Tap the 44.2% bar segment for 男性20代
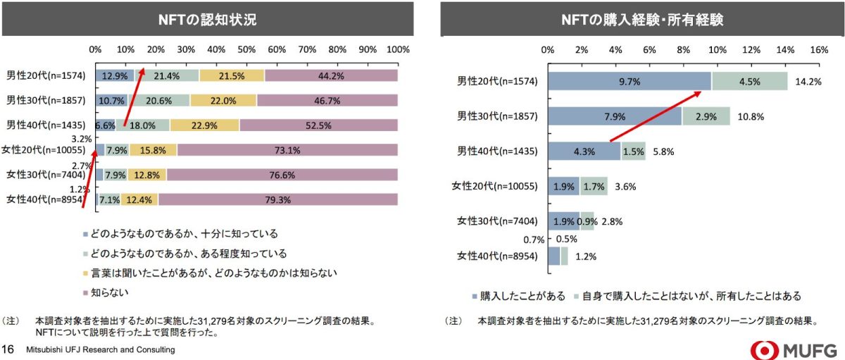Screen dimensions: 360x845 click(x=331, y=75)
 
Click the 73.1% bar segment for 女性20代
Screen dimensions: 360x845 click(x=287, y=150)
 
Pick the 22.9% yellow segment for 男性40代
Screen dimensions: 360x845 click(x=204, y=125)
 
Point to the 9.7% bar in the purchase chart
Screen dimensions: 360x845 click(x=629, y=81)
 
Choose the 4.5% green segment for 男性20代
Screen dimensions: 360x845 click(x=749, y=81)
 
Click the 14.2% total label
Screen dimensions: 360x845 click(x=808, y=81)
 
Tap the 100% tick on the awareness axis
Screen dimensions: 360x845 click(x=398, y=50)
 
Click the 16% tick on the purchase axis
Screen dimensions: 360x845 click(x=819, y=50)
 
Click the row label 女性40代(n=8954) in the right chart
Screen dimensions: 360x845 click(x=497, y=255)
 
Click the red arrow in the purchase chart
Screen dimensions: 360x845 click(x=659, y=114)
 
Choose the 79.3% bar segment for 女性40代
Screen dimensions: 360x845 click(x=277, y=199)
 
